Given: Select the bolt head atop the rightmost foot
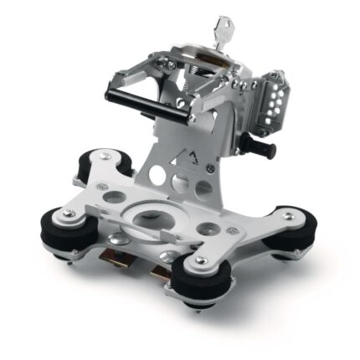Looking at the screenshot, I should coord(291,217).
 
